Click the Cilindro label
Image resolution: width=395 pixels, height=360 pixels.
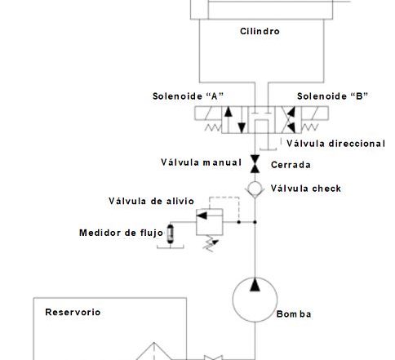coord(260,31)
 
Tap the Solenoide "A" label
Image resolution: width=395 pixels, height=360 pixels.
coord(188,96)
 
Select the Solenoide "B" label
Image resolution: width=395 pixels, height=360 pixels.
coord(332,96)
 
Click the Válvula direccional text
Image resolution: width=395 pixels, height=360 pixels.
coord(335,144)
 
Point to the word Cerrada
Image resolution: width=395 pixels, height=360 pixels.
coord(291,165)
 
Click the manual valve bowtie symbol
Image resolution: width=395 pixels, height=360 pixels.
coord(255,164)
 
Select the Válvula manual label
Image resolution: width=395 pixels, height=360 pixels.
coord(202,162)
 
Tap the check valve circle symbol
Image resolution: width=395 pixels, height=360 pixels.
coord(255,188)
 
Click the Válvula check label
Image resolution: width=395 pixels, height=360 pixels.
coord(306,189)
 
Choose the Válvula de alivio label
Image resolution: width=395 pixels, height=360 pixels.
coord(151,201)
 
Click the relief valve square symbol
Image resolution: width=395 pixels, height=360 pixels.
coord(210,222)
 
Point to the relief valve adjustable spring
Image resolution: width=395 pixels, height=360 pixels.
coord(211,243)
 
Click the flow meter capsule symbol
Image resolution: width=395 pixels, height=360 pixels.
coord(171,233)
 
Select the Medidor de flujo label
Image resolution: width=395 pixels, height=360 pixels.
coord(122,233)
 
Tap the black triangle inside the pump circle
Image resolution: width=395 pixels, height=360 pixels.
coord(255,285)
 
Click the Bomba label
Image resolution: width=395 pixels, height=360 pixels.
coord(294,314)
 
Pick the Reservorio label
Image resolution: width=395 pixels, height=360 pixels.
coord(73,312)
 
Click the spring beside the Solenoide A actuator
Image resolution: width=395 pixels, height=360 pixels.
coord(213,127)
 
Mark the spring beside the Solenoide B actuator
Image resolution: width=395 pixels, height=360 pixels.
coord(310,127)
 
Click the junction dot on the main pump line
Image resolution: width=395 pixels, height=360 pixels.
coord(255,222)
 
